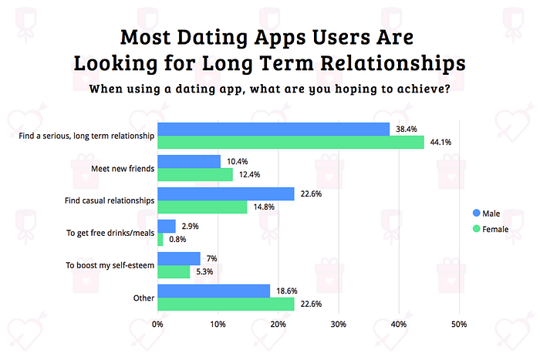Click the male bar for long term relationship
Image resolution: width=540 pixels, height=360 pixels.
(x=274, y=129)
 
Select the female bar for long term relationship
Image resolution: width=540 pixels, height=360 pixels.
(x=291, y=143)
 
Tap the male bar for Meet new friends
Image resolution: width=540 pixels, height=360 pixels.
(x=189, y=161)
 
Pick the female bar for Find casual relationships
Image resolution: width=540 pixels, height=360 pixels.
(x=202, y=207)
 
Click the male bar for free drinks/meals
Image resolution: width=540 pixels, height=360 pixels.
(x=167, y=226)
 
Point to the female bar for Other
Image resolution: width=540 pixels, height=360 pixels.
(x=226, y=304)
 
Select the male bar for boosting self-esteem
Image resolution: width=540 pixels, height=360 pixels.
(x=179, y=258)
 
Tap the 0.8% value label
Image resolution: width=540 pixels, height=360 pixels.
(x=178, y=240)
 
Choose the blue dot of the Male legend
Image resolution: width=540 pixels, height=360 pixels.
(x=475, y=213)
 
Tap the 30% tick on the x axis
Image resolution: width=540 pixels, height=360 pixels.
(x=338, y=325)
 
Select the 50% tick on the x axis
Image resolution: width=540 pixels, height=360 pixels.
(x=458, y=325)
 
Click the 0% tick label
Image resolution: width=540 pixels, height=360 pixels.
(x=157, y=325)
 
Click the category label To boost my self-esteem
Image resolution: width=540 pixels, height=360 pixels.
(x=112, y=265)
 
